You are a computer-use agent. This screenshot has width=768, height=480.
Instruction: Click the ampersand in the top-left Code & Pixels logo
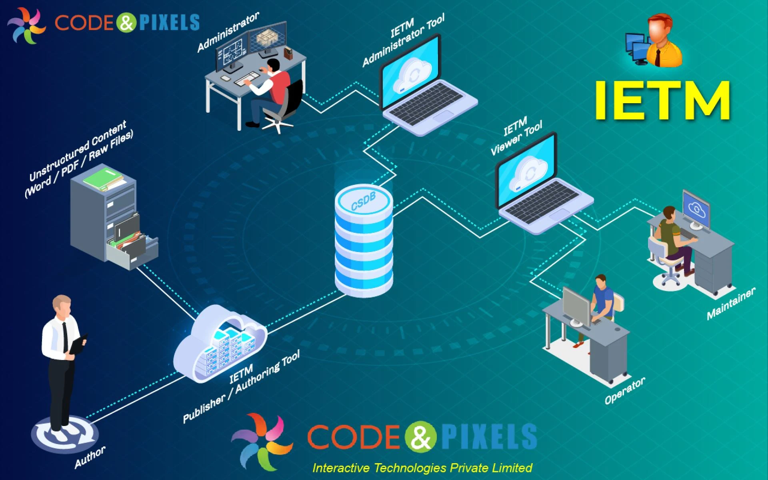126,22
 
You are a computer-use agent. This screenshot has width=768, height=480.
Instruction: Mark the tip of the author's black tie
65,352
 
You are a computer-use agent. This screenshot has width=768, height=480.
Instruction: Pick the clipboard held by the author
78,344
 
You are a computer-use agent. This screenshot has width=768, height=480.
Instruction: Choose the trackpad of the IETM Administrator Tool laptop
443,116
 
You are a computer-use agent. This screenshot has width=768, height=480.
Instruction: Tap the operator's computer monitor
576,306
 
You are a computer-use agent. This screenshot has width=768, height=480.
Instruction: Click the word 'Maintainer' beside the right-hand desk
731,304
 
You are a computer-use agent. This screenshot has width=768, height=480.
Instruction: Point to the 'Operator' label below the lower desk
625,390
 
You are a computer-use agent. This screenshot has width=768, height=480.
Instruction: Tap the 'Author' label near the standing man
90,456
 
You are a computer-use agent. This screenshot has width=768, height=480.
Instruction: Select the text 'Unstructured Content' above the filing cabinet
78,150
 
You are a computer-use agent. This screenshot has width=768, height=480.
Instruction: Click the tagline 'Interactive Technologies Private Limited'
422,468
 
